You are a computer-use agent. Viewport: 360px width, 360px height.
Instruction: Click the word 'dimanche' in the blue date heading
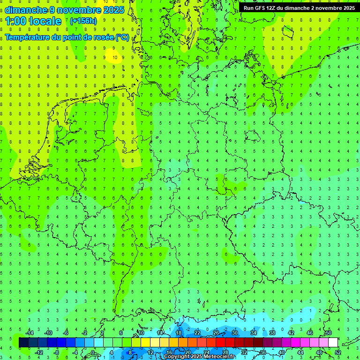point(26,9)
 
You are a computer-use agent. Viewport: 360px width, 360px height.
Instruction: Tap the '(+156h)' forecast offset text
point(83,21)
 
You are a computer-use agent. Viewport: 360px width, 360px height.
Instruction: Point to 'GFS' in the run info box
point(261,8)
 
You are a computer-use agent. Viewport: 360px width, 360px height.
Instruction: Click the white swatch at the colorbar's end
point(333,343)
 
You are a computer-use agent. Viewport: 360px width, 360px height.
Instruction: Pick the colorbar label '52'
point(338,352)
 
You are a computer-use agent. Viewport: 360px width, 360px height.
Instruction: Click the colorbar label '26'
point(216,332)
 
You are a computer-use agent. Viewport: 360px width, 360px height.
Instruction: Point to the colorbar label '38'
point(272,332)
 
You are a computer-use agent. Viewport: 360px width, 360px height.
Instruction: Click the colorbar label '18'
point(179,332)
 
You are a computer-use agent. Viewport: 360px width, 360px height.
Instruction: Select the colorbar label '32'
point(244,352)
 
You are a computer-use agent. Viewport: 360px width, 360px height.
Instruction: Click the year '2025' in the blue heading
point(112,9)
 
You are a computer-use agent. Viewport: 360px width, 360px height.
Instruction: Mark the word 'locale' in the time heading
point(46,21)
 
